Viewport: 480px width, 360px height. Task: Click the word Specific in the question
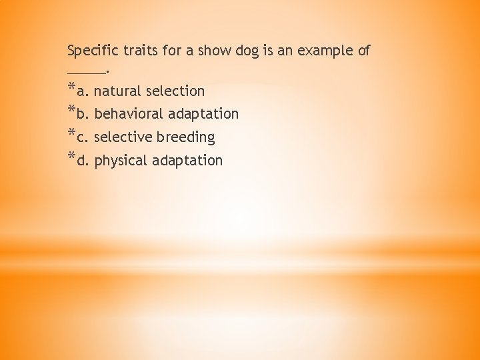(x=91, y=51)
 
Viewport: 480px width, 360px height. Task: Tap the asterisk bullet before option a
(x=71, y=88)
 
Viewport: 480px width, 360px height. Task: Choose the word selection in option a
(x=175, y=91)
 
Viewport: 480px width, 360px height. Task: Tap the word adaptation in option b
(x=203, y=115)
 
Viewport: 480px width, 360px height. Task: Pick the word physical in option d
(x=121, y=161)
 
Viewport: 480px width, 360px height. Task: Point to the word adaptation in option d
(x=187, y=161)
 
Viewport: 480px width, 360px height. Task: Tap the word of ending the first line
(x=363, y=51)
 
